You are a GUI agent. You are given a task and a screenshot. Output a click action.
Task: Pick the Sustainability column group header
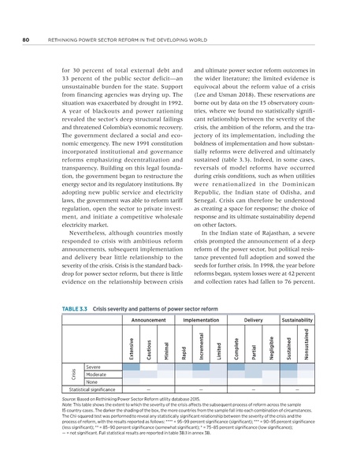pyautogui.click(x=297, y=321)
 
